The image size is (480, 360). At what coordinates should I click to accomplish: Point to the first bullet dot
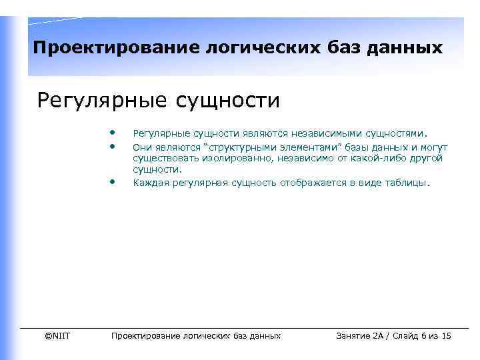click(114, 131)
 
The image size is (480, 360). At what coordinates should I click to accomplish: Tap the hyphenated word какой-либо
click(369, 158)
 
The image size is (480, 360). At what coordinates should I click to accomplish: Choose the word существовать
click(162, 158)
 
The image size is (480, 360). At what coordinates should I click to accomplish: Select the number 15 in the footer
click(446, 335)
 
